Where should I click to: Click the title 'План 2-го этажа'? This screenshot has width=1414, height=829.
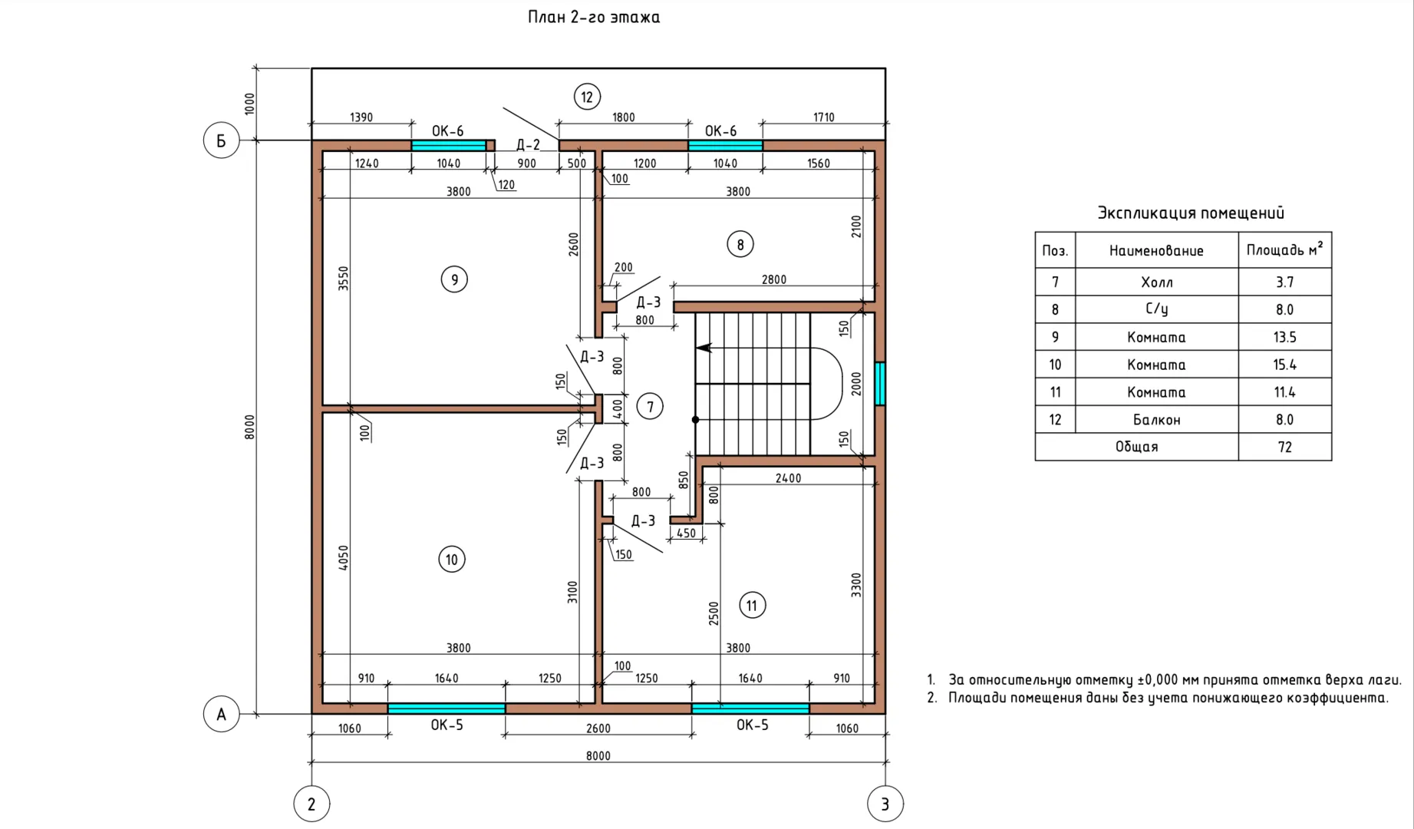tap(594, 17)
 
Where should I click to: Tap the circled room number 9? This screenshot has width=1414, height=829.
tap(454, 279)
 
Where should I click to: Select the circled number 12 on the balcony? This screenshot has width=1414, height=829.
tap(587, 97)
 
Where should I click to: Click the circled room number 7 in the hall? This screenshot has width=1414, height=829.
tap(650, 406)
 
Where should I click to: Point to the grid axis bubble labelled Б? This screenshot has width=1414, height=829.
tap(221, 140)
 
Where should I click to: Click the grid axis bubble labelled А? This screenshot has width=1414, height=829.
tap(221, 714)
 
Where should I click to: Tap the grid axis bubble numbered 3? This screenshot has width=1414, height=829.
tap(885, 804)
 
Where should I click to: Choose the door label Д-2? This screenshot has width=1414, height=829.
tap(528, 145)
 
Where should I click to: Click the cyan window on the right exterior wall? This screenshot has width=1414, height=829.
tap(880, 384)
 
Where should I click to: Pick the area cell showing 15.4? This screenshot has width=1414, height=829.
tap(1284, 365)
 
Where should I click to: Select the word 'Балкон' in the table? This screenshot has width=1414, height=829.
tap(1156, 420)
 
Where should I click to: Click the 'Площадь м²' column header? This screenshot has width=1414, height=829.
tap(1284, 249)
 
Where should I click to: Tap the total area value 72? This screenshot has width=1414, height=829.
tap(1284, 447)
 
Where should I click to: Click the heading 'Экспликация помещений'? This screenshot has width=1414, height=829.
tap(1190, 213)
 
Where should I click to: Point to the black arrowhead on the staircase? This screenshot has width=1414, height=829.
tap(704, 348)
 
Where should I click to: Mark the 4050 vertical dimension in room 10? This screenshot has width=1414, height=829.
tap(344, 557)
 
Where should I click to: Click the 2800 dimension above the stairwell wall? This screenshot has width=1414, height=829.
tap(773, 279)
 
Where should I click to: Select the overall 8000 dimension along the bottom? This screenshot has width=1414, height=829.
tap(598, 755)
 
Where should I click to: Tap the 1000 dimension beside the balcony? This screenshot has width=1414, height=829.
tap(249, 104)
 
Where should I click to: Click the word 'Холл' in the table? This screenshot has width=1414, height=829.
tap(1156, 282)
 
